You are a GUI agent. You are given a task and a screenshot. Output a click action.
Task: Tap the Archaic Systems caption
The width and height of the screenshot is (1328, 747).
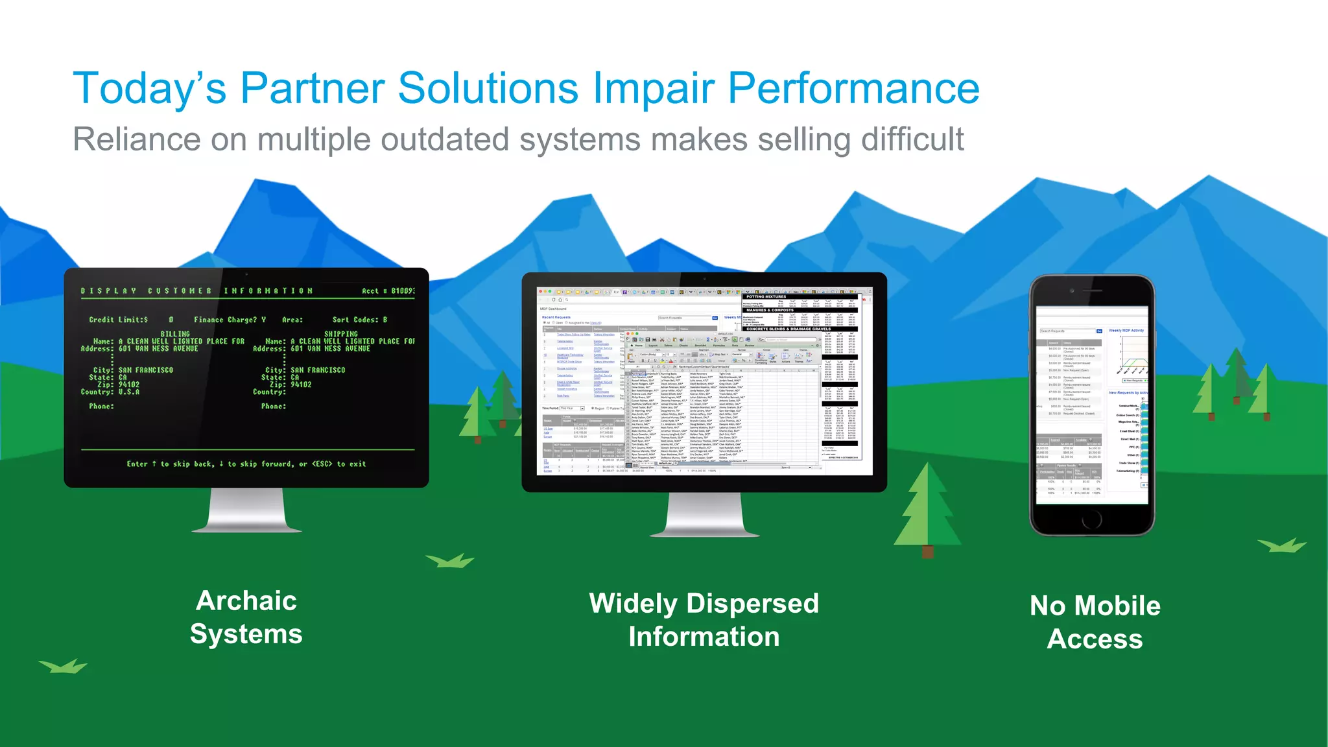click(246, 617)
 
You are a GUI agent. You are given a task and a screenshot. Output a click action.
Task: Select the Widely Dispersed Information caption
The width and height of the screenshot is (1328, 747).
click(704, 620)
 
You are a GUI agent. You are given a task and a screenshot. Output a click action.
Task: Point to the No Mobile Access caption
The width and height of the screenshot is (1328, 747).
click(1095, 622)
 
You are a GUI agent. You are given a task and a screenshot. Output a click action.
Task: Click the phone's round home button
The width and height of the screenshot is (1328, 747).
click(1092, 519)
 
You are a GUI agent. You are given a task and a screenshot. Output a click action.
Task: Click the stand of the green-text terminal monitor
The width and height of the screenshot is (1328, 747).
click(246, 512)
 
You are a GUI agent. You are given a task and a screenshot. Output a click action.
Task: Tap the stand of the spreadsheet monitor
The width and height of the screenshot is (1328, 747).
click(704, 516)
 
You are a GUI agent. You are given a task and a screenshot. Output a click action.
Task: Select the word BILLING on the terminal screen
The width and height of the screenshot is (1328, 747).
click(175, 334)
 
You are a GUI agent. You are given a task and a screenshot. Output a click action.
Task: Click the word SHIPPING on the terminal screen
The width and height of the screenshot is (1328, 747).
click(341, 334)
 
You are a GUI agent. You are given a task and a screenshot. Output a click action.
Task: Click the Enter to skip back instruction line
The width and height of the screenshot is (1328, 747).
click(246, 464)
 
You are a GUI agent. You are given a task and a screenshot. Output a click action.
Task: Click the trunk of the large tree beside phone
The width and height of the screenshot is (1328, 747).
click(928, 551)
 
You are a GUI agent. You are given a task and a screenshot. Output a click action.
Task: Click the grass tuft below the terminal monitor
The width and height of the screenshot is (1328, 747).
click(450, 561)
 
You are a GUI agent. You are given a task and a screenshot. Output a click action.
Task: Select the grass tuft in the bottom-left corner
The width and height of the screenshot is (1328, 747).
click(63, 666)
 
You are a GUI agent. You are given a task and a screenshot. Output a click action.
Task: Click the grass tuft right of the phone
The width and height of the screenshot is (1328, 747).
click(1282, 545)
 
